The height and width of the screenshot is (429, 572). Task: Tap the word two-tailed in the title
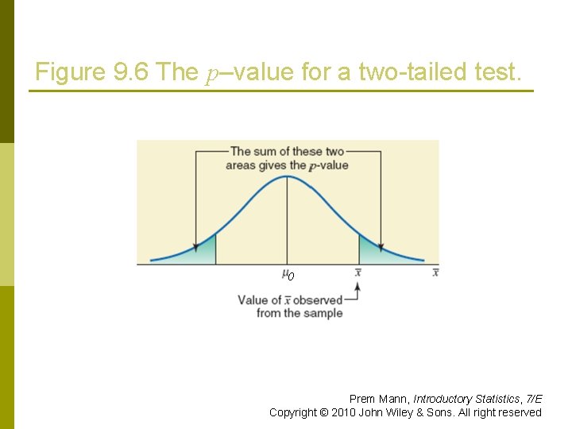(408, 72)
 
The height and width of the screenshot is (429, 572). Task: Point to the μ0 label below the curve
(288, 275)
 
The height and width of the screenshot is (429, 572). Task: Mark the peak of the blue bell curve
(288, 176)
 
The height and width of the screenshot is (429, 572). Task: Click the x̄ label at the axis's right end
(435, 272)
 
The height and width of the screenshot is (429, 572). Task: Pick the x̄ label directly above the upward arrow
(358, 272)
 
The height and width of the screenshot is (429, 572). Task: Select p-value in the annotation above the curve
(328, 165)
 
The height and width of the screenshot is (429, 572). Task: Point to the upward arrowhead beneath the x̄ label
(358, 286)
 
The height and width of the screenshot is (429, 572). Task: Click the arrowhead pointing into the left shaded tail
(195, 246)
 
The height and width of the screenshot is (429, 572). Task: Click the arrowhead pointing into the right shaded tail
(381, 246)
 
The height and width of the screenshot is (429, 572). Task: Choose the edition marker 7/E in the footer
(534, 399)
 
